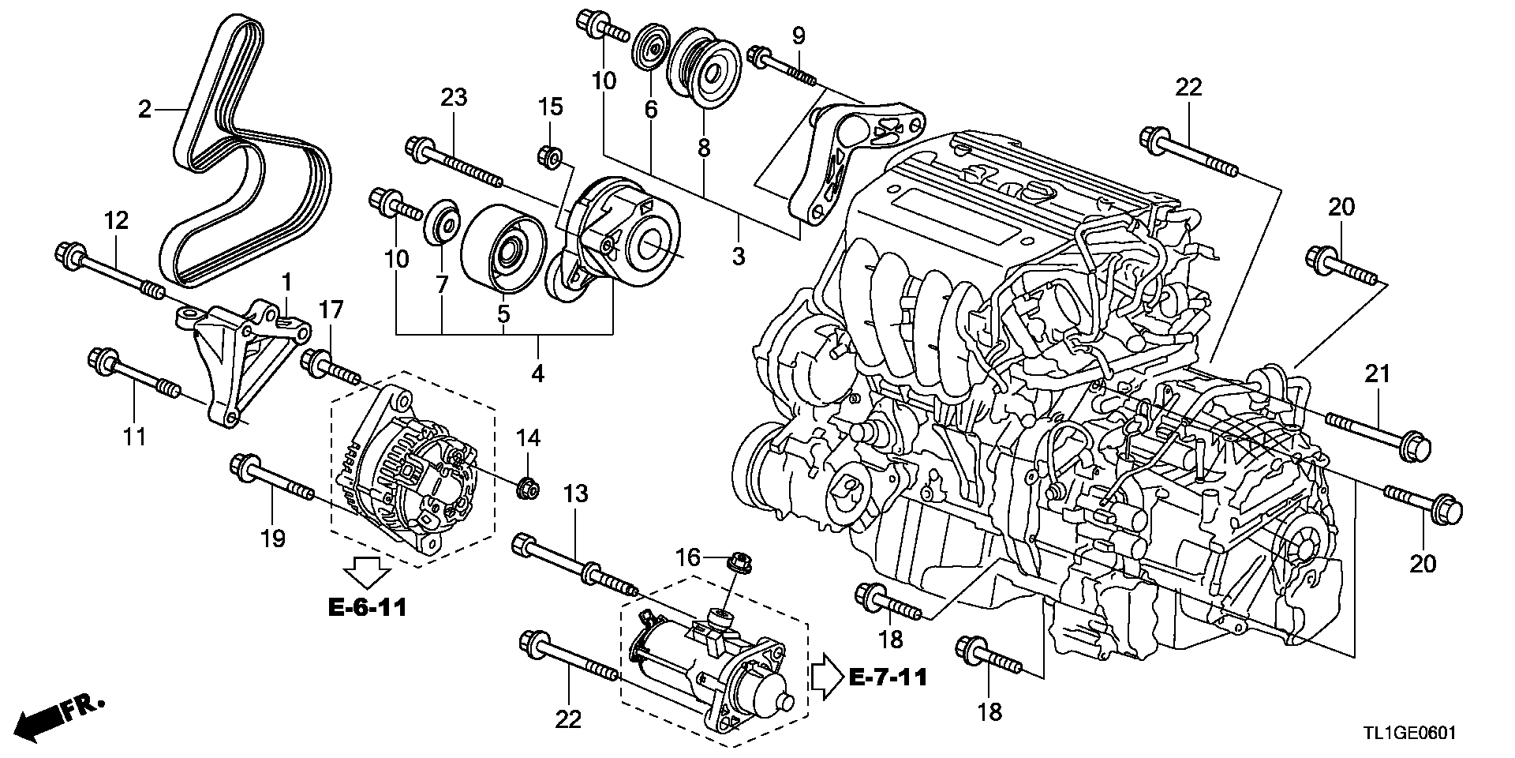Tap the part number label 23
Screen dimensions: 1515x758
(454, 98)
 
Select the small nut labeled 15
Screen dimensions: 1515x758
(550, 156)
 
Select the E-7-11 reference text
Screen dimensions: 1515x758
(888, 676)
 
